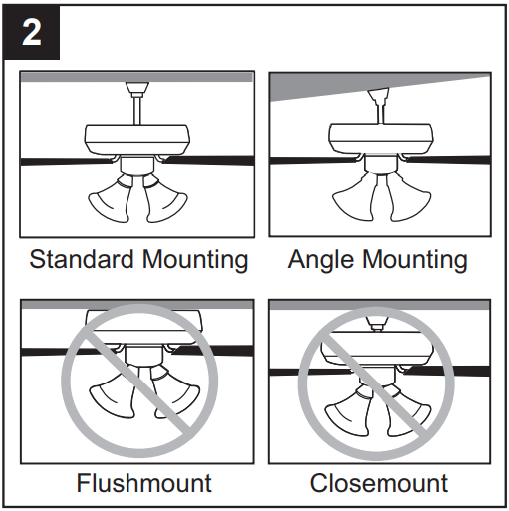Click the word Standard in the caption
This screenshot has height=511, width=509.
tap(79, 260)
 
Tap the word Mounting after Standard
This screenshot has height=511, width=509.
tap(193, 260)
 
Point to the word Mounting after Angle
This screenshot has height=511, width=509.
tap(414, 260)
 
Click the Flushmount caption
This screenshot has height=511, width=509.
tap(143, 484)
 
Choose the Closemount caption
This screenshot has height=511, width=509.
tap(379, 484)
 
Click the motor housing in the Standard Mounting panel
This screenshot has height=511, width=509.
tap(136, 138)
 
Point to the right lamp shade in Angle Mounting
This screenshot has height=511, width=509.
tap(411, 199)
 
